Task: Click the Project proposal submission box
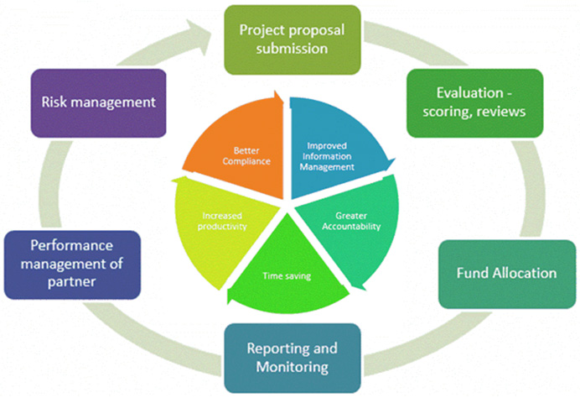coord(293,39)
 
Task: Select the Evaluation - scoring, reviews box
coord(474,102)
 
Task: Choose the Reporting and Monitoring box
coord(293,359)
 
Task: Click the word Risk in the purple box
coord(54,102)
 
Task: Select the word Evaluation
coord(459,92)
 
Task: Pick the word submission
coord(293,49)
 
